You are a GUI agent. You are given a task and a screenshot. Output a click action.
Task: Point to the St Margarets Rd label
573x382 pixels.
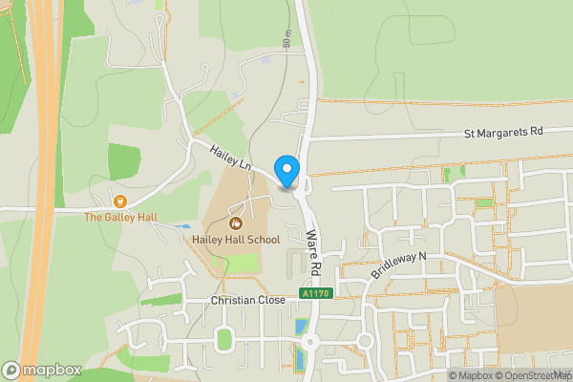click(x=503, y=131)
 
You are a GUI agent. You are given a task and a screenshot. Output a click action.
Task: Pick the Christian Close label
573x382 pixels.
click(x=247, y=300)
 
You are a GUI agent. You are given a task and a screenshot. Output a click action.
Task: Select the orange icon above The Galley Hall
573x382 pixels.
click(x=120, y=201)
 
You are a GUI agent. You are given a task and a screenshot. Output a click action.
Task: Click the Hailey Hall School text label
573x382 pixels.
click(x=236, y=239)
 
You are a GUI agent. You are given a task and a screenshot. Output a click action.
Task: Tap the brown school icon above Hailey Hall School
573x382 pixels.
click(x=236, y=223)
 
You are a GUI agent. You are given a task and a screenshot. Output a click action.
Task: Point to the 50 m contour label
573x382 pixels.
click(x=286, y=38)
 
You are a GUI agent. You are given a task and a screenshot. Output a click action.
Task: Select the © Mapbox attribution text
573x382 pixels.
click(x=471, y=375)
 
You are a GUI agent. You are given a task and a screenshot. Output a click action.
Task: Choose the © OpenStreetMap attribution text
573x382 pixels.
click(x=533, y=375)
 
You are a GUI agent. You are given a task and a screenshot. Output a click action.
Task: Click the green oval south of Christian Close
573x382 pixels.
click(x=224, y=338)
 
